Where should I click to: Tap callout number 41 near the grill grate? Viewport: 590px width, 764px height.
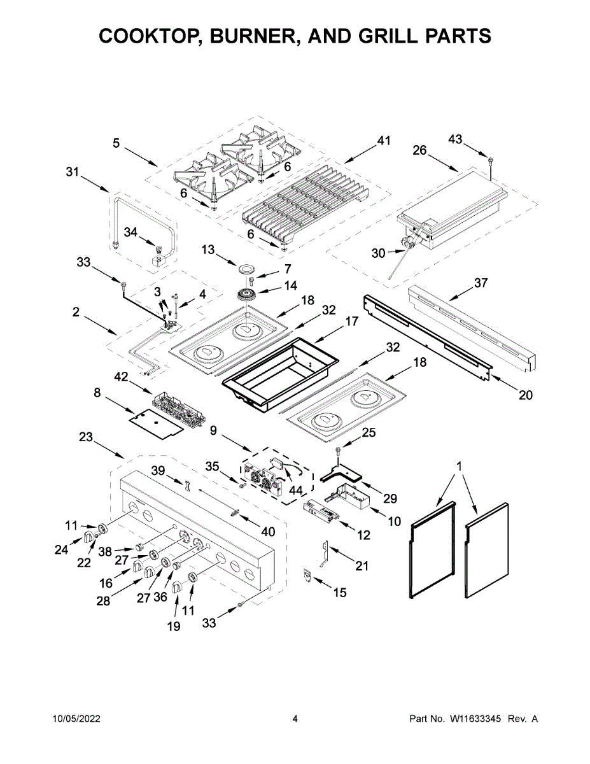pyautogui.click(x=383, y=141)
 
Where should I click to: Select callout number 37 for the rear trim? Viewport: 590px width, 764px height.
pyautogui.click(x=481, y=283)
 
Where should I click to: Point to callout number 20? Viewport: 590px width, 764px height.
pyautogui.click(x=525, y=395)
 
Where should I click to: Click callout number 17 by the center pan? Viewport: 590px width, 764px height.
pyautogui.click(x=352, y=323)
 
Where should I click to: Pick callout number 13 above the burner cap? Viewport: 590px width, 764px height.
pyautogui.click(x=209, y=250)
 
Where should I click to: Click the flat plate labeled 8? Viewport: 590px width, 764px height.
pyautogui.click(x=156, y=423)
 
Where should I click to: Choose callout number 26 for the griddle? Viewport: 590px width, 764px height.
pyautogui.click(x=419, y=151)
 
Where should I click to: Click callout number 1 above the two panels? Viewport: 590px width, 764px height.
pyautogui.click(x=460, y=467)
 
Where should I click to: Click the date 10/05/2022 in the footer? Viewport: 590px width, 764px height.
pyautogui.click(x=76, y=719)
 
